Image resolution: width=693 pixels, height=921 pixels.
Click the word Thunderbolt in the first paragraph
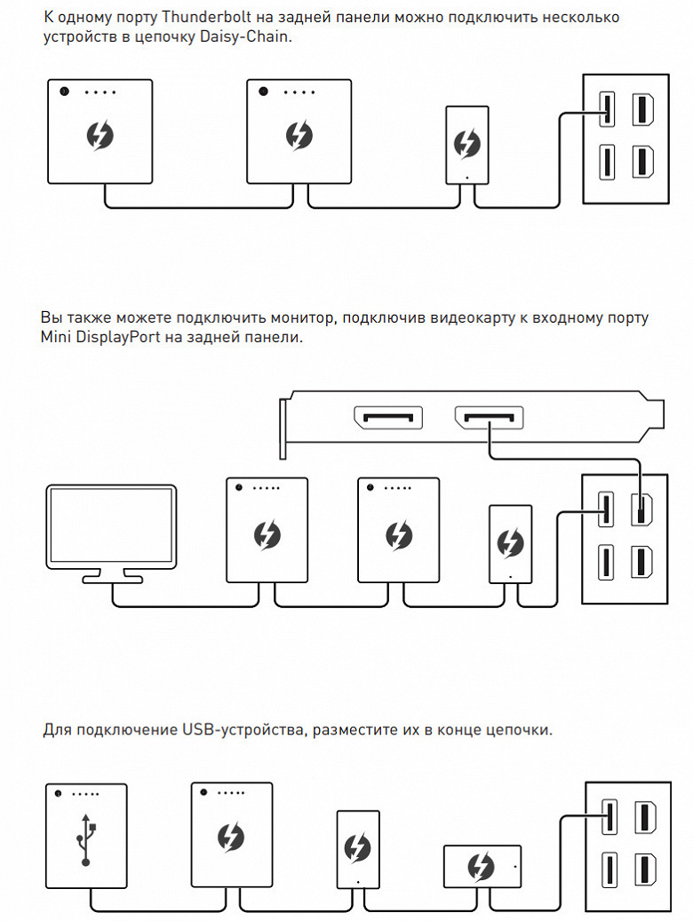[x=193, y=17]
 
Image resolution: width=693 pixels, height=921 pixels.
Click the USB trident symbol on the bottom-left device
[x=85, y=838]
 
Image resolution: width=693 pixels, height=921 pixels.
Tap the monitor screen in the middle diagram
[x=111, y=526]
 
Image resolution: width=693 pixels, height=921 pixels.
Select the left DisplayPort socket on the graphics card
[x=387, y=418]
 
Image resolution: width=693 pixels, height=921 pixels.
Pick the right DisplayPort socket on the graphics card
[x=489, y=418]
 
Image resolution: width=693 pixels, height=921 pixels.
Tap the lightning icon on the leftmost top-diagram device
[x=100, y=136]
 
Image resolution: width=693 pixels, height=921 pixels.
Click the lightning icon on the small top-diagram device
[x=466, y=143]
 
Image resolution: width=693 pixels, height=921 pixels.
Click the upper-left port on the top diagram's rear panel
[x=607, y=109]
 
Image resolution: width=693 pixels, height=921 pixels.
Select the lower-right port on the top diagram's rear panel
[x=642, y=163]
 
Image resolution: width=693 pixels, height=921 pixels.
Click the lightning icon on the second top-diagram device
[x=299, y=136]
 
